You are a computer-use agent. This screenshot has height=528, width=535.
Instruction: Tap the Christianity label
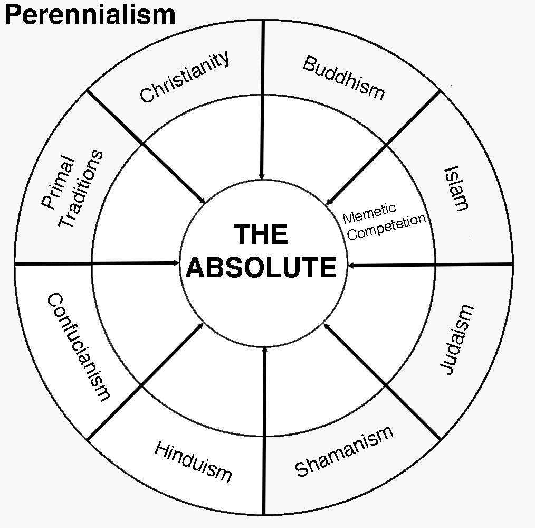185,77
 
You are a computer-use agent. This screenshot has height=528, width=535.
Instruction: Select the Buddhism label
343,78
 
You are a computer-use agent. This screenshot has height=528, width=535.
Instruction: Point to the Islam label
456,189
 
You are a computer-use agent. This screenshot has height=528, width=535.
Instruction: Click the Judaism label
456,340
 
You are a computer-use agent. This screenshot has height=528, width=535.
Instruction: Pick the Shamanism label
344,451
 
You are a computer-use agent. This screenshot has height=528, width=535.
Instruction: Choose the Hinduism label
193,461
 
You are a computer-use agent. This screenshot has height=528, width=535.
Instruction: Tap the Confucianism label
79,347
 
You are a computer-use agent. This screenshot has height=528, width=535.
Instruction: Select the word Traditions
81,188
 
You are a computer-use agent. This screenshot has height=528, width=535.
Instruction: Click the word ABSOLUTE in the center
262,267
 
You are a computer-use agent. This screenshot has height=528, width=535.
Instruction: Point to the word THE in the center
261,234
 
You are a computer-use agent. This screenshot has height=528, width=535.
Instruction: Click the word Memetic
369,213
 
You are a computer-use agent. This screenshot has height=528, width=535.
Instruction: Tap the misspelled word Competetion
387,227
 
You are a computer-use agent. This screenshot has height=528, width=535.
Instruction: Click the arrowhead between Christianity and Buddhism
262,176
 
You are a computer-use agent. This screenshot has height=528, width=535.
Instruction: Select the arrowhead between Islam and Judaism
351,266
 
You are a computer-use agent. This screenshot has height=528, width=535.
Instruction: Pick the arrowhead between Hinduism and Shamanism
265,350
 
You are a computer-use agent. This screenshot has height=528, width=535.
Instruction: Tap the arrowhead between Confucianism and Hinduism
200,326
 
